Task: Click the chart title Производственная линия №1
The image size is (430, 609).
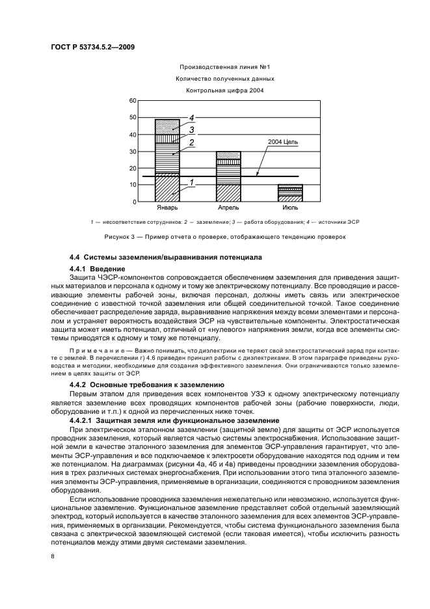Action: (x=215, y=67)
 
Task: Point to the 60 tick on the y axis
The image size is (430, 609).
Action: (x=133, y=101)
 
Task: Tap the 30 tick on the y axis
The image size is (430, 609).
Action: (x=133, y=152)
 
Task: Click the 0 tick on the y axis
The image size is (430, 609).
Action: (x=135, y=202)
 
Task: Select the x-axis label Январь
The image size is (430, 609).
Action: (x=167, y=208)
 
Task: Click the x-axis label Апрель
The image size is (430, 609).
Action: (x=228, y=208)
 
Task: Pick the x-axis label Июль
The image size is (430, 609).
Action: (x=290, y=208)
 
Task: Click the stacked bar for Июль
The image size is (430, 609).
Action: (x=290, y=193)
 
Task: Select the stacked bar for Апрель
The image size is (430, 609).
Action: (x=228, y=176)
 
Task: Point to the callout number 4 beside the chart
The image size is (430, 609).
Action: (x=193, y=118)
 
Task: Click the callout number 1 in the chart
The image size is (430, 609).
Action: (x=193, y=183)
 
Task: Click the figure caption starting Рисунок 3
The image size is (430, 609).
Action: (x=215, y=236)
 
